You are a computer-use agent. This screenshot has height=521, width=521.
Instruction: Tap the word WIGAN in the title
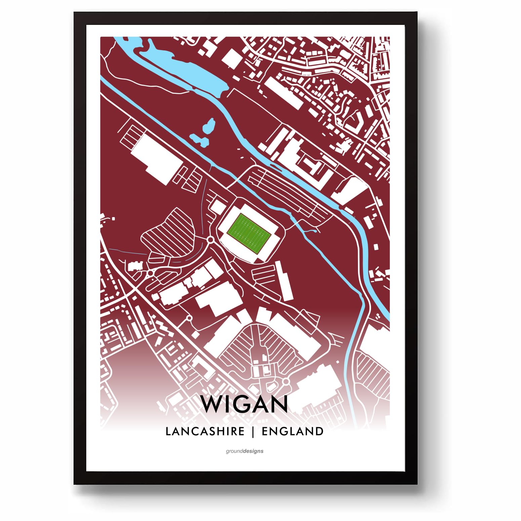[x=244, y=404]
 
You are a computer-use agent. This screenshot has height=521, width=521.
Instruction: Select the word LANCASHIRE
[x=205, y=431]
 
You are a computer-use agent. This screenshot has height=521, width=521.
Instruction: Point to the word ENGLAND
[x=292, y=431]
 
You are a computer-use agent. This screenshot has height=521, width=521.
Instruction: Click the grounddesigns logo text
[x=244, y=451]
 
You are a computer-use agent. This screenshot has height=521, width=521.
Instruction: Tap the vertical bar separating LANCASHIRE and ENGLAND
[x=253, y=432]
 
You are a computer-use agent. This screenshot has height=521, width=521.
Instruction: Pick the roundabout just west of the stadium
[x=211, y=240]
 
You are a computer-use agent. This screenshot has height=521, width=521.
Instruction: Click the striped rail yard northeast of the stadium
[x=286, y=192]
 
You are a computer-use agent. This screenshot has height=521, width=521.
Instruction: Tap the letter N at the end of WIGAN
[x=278, y=404]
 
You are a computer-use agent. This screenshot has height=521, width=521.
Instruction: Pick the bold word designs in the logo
[x=254, y=451]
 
